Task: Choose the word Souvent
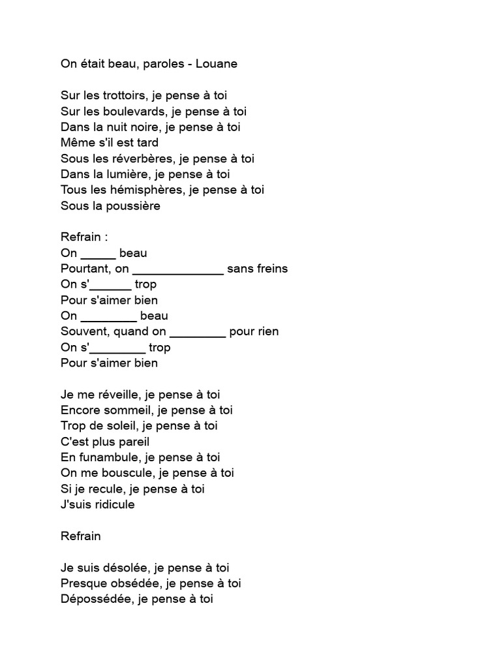point(83,331)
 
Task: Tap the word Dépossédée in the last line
point(95,599)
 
